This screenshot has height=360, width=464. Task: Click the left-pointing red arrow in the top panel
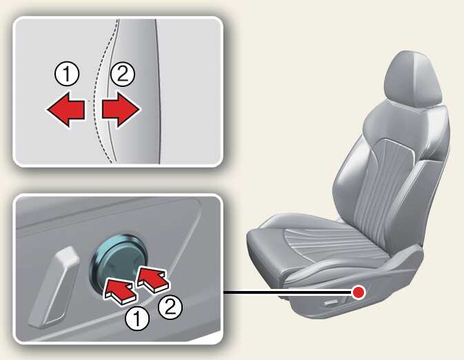(65, 110)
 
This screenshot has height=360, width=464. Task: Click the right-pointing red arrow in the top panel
(121, 110)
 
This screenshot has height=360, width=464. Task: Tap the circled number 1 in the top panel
(67, 74)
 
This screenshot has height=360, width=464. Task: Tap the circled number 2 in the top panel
(123, 74)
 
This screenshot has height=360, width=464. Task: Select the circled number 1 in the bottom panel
(137, 319)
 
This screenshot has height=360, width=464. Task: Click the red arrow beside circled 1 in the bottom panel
(120, 291)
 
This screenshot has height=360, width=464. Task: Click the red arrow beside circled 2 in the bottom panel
(154, 279)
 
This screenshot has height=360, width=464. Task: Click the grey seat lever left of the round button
(53, 287)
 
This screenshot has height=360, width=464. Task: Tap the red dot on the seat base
(359, 292)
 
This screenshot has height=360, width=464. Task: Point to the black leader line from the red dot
(288, 292)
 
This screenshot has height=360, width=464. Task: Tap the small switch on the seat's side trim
(332, 303)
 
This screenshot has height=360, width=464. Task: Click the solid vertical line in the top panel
(159, 92)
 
